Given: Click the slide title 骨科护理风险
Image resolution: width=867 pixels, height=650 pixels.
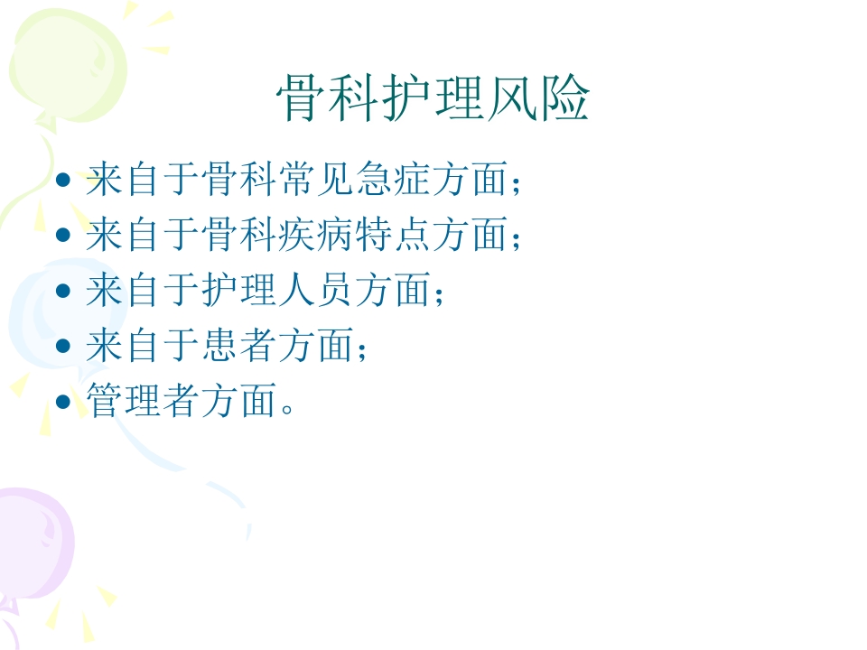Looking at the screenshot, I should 433,98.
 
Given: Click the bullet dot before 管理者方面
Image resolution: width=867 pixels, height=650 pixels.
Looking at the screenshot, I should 62,401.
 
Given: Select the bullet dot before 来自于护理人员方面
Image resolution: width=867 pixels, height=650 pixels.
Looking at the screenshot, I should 62,291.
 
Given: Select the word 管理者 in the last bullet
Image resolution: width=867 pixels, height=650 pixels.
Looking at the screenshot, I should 144,401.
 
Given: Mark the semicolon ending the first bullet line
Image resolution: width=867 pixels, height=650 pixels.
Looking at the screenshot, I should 516,183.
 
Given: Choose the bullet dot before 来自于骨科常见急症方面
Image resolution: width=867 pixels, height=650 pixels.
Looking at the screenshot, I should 62,181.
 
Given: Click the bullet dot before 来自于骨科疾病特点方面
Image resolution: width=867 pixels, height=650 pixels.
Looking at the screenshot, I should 62,236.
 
